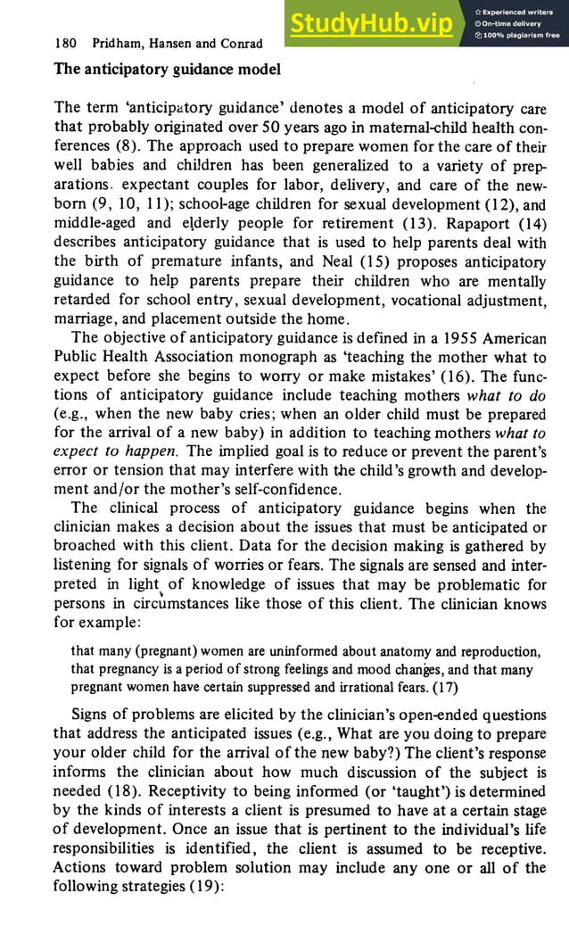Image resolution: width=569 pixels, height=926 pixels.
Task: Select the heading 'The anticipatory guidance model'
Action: [167, 69]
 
